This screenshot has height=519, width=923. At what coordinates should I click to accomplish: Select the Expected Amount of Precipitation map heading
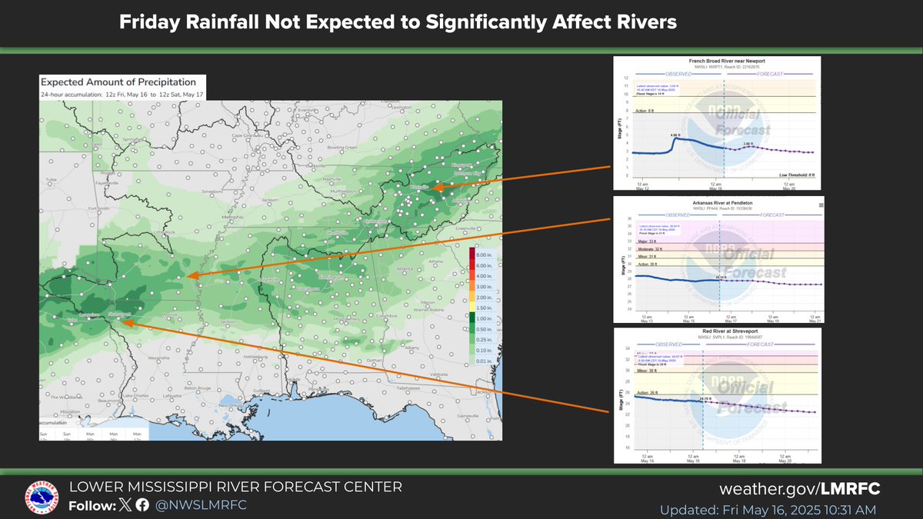click(x=118, y=82)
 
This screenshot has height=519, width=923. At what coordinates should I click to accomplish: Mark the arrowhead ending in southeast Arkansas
click(x=192, y=276)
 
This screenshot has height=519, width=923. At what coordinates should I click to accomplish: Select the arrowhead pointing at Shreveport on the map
click(x=126, y=323)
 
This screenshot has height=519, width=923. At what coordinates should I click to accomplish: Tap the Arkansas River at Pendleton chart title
click(x=717, y=201)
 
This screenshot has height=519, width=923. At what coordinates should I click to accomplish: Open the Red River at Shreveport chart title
click(x=718, y=331)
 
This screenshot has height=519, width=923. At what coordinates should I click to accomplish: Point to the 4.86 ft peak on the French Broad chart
click(x=675, y=135)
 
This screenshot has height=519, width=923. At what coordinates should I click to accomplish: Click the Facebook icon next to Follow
click(x=142, y=505)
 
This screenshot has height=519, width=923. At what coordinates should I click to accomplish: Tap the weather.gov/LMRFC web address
click(x=800, y=490)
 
